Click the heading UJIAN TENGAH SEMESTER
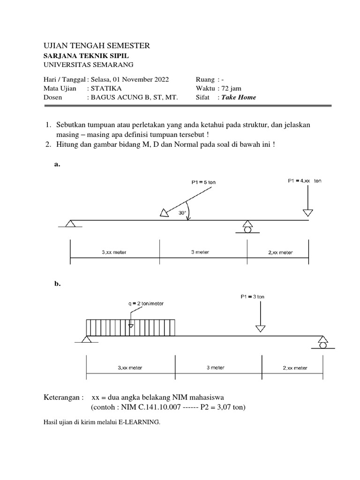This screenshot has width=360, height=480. point(97,45)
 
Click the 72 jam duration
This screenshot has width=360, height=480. point(232,88)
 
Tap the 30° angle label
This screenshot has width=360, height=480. point(182,213)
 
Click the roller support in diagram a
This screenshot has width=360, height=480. point(247,226)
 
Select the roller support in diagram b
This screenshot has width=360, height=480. point(322,342)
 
